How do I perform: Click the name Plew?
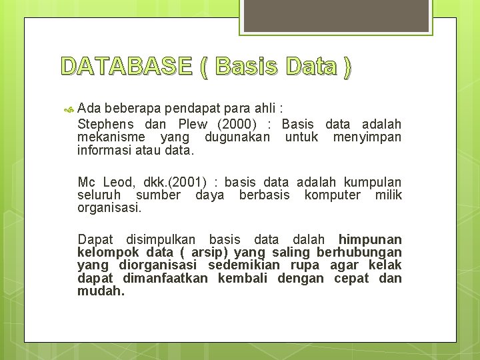[x=193, y=124]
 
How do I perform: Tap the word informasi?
[x=105, y=150]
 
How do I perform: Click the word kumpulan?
[x=372, y=182]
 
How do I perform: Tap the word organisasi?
[x=109, y=207]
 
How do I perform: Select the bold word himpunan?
[x=370, y=239]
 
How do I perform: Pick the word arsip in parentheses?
[x=210, y=252]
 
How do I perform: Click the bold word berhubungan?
[x=359, y=252]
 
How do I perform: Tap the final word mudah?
[x=101, y=291]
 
